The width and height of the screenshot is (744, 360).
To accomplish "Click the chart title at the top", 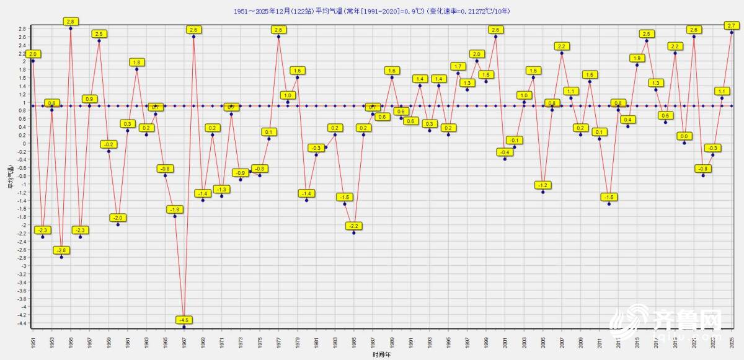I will (x=372, y=11).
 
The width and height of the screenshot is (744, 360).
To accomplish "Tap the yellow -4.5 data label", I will (x=184, y=320).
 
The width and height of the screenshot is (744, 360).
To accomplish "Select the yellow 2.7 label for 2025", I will (x=731, y=25).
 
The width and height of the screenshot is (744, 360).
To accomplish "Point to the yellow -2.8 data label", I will (x=61, y=250).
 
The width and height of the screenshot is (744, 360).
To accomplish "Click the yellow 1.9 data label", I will (x=637, y=58).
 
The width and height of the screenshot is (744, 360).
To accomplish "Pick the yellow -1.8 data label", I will (x=175, y=209).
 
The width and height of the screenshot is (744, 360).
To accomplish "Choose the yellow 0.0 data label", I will (x=684, y=136).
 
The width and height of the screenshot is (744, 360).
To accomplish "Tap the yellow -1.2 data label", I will (x=542, y=185).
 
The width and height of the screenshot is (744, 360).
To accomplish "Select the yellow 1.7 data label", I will (x=458, y=66).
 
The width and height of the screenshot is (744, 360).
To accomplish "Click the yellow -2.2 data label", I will (x=354, y=226).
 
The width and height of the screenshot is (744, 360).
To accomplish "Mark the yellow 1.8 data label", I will (x=137, y=62).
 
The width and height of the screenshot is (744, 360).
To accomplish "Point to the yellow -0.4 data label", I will (x=505, y=152).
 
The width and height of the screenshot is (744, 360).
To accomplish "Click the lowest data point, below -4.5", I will (x=184, y=327).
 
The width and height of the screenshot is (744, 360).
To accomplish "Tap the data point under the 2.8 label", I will (x=71, y=28).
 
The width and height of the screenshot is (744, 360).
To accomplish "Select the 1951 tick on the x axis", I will (x=33, y=342).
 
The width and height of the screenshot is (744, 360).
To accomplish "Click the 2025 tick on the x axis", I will (x=732, y=342).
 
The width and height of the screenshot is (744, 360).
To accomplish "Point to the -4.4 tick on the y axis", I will (x=22, y=323).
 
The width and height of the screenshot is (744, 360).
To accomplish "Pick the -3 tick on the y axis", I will (x=24, y=266).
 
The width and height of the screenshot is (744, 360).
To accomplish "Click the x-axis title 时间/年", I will (x=382, y=355).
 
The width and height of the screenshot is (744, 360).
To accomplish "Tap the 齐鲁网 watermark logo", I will (x=666, y=322).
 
